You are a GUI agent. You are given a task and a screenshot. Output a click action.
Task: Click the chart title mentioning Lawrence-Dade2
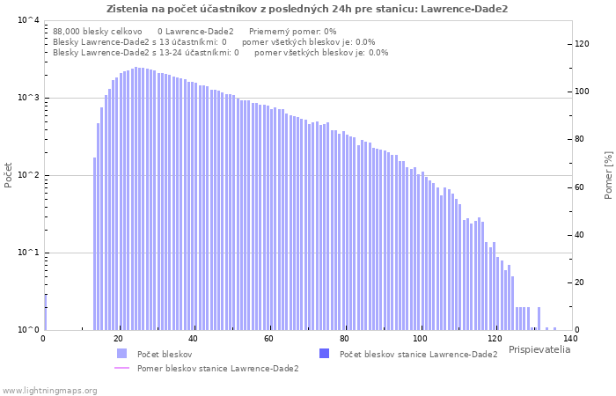[307, 9]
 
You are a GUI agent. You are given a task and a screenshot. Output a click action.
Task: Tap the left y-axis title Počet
[8, 175]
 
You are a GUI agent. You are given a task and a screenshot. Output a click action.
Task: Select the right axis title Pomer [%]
[608, 175]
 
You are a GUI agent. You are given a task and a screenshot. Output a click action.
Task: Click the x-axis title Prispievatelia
[539, 349]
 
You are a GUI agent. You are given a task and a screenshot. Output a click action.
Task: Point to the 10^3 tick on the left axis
[29, 98]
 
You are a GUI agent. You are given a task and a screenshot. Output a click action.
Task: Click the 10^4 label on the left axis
[29, 20]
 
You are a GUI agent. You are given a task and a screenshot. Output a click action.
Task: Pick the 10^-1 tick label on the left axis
[29, 253]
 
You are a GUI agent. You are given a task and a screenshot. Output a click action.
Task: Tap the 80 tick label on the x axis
[345, 339]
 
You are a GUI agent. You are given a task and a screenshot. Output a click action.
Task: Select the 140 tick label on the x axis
[570, 339]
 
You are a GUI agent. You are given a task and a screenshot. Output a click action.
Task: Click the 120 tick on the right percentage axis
[582, 44]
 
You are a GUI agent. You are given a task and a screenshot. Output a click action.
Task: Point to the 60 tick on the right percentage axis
[579, 187]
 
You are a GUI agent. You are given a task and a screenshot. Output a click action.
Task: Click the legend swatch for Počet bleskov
[121, 354]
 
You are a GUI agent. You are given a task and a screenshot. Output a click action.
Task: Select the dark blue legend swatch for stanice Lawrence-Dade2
[325, 353]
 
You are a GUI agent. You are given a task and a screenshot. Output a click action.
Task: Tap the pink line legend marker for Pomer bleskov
[121, 368]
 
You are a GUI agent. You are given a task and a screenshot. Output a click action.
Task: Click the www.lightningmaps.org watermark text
[49, 391]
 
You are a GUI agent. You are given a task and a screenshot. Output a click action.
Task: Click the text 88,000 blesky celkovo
[98, 32]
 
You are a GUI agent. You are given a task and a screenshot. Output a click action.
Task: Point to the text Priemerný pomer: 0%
[293, 32]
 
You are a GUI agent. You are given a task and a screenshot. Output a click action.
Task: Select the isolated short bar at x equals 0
[46, 312]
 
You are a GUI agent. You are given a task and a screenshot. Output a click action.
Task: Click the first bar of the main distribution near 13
[95, 244]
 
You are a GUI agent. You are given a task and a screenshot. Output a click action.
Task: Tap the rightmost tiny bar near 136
[554, 329]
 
